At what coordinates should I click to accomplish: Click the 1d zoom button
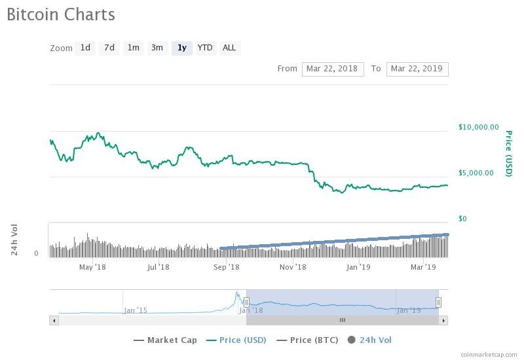[85, 48]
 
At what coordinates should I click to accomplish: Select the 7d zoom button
[109, 48]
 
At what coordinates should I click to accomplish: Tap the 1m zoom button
[134, 48]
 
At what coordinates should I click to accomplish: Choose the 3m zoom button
[157, 48]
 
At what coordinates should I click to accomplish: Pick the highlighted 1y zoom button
[182, 48]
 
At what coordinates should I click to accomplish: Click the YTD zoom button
[205, 48]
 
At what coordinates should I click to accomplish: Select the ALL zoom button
[229, 48]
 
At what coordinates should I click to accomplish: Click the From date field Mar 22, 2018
[333, 69]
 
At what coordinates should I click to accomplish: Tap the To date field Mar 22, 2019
[417, 69]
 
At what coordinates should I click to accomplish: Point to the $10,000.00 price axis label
[478, 127]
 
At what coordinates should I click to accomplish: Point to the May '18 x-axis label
[92, 267]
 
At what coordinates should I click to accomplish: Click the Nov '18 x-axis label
[293, 267]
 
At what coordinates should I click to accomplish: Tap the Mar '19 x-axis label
[423, 267]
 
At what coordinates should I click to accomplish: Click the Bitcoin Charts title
[61, 14]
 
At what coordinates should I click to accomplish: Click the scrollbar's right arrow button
[443, 320]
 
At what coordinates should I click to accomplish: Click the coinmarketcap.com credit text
[488, 354]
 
